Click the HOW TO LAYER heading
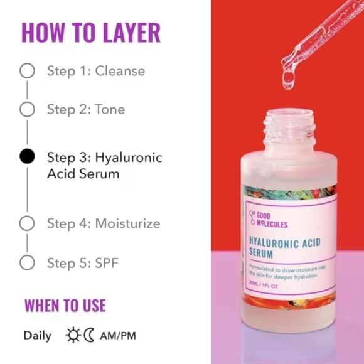[x=91, y=32]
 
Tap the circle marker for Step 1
[x=27, y=70]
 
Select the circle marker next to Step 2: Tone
[x=27, y=109]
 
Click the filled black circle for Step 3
[x=27, y=156]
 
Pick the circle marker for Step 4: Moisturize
[x=27, y=223]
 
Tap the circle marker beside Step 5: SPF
[x=27, y=262]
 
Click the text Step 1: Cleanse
[x=95, y=70]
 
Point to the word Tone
[x=110, y=109]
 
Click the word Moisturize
[x=127, y=223]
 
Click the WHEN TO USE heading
[x=65, y=306]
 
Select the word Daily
[x=38, y=335]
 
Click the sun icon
[x=73, y=335]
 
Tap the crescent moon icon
[x=89, y=335]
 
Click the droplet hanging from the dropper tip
[x=289, y=80]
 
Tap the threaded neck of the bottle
[x=289, y=127]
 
